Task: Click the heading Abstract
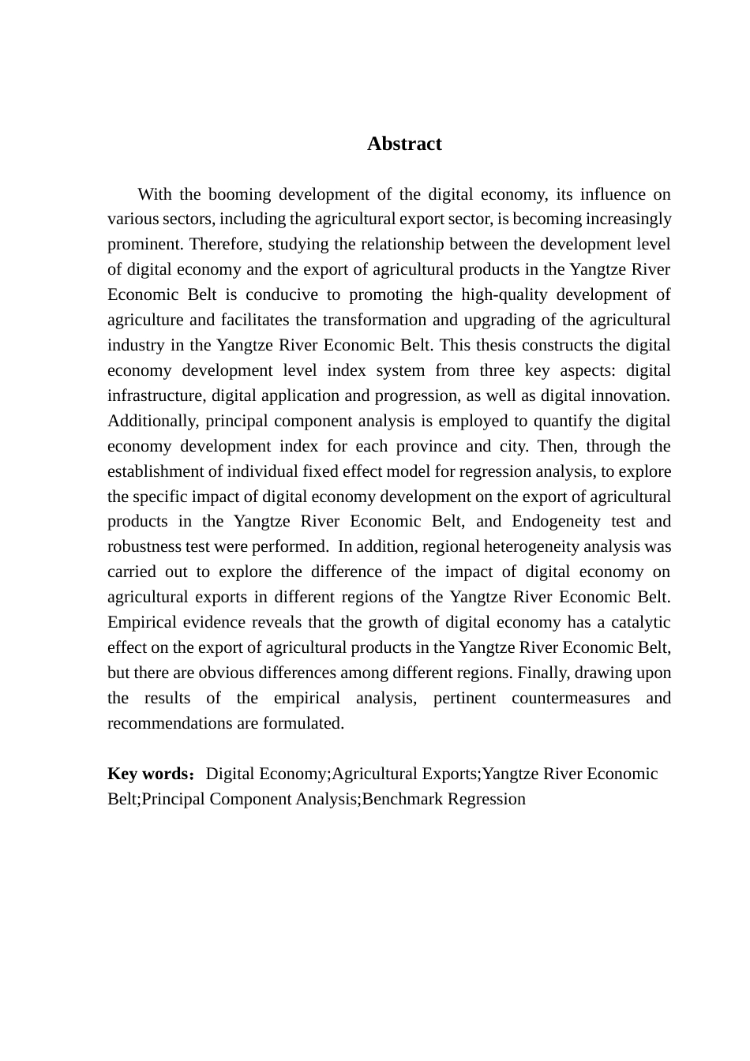(404, 144)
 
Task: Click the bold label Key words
(147, 774)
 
